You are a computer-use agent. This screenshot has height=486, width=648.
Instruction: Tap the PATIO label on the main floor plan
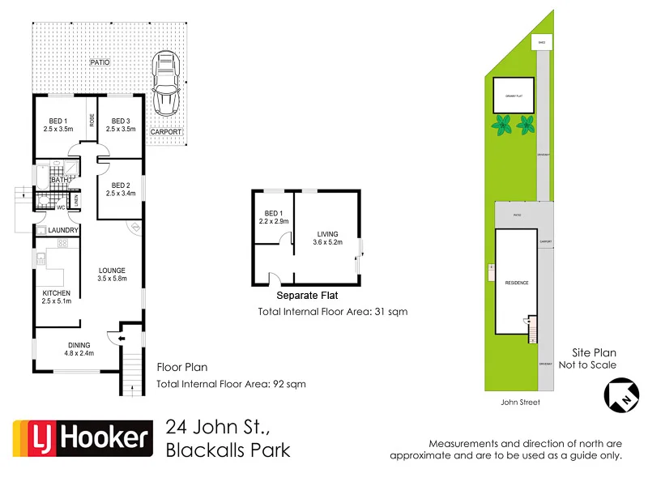point(100,62)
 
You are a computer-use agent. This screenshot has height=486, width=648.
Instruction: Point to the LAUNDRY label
point(62,231)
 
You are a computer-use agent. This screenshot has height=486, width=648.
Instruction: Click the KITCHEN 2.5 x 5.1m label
point(57,297)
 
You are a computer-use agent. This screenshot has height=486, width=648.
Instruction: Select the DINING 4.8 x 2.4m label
point(79,349)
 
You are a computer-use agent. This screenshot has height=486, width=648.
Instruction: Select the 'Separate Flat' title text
point(307,296)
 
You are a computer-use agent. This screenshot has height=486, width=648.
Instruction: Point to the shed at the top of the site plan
point(540,42)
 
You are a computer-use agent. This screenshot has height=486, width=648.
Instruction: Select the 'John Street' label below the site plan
point(520,402)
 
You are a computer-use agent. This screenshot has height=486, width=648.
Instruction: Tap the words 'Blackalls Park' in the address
point(228,450)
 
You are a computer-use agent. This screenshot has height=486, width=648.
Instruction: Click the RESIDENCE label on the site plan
point(517,283)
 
